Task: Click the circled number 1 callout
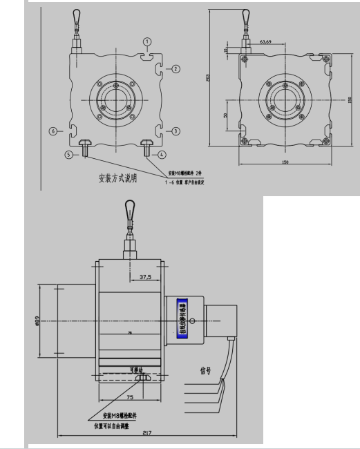pyautogui.click(x=147, y=42)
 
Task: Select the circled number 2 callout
pyautogui.click(x=176, y=69)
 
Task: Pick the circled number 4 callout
pyautogui.click(x=162, y=155)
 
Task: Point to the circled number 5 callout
pyautogui.click(x=68, y=155)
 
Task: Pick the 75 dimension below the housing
pyautogui.click(x=131, y=398)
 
